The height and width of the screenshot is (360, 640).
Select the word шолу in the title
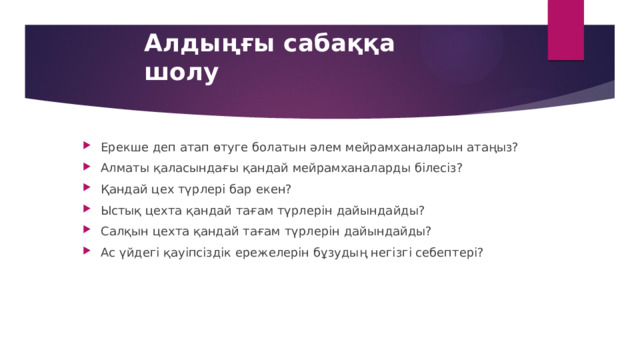[x=181, y=72]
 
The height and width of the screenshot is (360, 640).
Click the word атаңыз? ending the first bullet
[x=493, y=147]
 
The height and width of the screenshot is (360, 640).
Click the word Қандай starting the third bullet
[x=124, y=189]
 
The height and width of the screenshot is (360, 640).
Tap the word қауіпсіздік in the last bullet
[x=197, y=252]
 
